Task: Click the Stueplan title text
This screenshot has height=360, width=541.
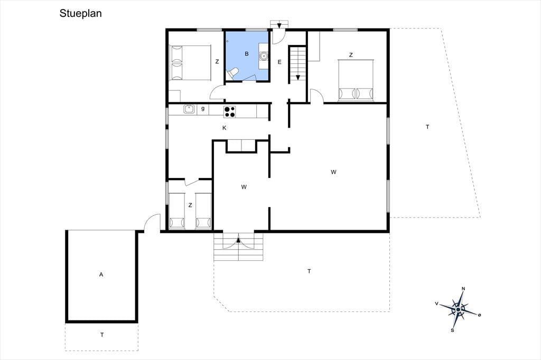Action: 80,13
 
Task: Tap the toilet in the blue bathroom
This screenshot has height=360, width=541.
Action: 232,73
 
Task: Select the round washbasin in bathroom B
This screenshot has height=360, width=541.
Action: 264,55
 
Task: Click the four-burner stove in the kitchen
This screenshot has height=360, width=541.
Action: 229,111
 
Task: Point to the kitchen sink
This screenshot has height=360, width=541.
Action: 189,109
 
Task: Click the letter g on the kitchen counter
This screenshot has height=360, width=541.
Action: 203,109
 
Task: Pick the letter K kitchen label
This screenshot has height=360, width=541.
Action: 224,128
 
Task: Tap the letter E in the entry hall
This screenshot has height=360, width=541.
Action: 279,62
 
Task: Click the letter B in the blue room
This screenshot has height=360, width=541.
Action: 247,54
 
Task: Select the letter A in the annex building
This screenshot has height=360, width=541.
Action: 101,274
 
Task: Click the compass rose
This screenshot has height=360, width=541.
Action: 458,309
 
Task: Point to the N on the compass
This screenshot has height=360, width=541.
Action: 463,289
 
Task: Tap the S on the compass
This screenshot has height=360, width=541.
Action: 452,330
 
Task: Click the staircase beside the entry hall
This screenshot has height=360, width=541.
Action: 297,64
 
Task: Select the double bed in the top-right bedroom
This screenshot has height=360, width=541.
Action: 356,80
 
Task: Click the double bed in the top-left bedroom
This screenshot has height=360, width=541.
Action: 190,63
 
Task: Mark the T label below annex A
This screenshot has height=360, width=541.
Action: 102,335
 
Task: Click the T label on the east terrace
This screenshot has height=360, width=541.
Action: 427,127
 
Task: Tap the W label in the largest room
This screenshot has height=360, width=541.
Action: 333,172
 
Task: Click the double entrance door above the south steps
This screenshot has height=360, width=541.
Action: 238,240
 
